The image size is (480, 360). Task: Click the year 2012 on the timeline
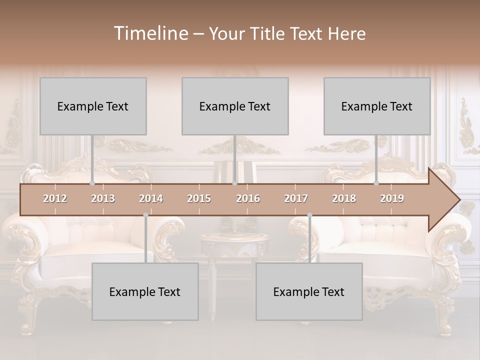pos(55,198)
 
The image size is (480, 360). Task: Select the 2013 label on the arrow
pos(103,198)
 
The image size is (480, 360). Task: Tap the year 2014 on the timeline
pos(151,198)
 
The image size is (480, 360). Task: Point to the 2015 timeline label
pos(199,198)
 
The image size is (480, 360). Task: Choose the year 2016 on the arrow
pos(248,198)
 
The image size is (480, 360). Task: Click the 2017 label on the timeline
pos(296,198)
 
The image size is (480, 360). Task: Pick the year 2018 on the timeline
pos(344,198)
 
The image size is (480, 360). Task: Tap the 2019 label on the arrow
pos(392,198)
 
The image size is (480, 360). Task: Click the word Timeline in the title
pos(150,33)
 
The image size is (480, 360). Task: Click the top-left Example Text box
pos(93,106)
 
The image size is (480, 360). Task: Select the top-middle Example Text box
pos(235,106)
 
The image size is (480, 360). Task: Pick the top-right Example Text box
pos(377,106)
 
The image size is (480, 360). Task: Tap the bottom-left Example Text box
pos(145,291)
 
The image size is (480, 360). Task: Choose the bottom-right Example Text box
pos(309,291)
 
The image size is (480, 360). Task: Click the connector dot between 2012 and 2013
pos(92,183)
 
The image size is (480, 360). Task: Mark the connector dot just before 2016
pos(234,183)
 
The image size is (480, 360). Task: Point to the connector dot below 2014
pos(145,215)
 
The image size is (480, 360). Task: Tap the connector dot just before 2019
pos(376,183)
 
